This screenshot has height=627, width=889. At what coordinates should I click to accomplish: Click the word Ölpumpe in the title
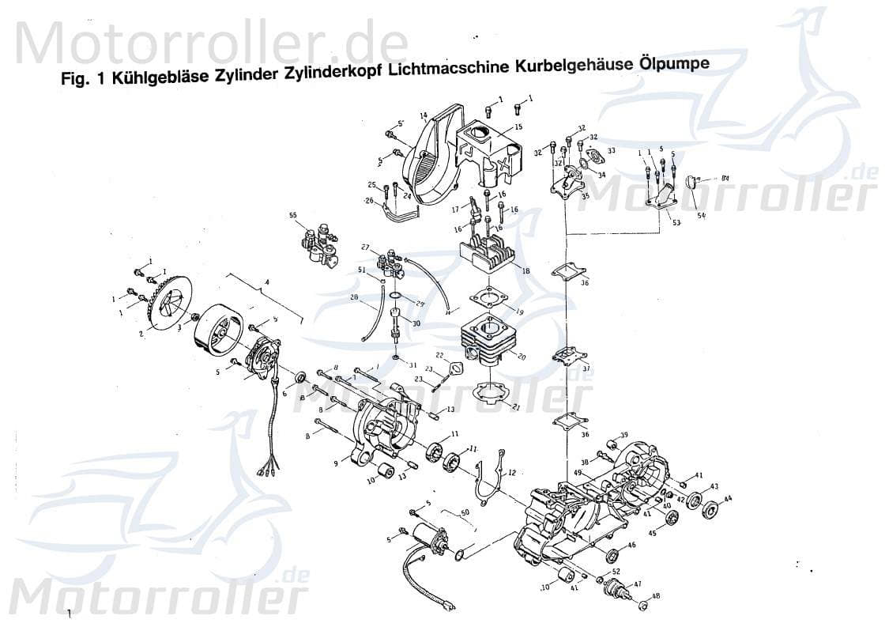[674, 65]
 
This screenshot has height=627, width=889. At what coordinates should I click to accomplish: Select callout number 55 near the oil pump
[292, 215]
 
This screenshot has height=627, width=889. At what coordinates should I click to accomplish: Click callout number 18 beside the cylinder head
[525, 270]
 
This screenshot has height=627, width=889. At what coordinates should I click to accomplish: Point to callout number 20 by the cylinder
[521, 357]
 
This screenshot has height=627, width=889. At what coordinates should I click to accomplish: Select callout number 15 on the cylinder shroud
[518, 127]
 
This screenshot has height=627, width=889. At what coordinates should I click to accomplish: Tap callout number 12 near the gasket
[512, 473]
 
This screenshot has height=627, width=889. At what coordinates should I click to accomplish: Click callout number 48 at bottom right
[655, 597]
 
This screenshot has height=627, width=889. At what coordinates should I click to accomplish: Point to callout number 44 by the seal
[728, 499]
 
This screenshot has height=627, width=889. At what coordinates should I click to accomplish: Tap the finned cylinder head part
[486, 251]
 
